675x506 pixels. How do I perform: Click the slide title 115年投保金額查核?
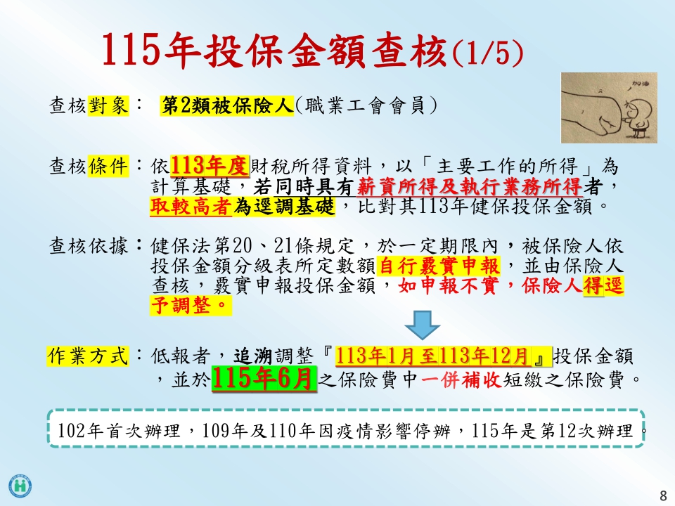click(274, 50)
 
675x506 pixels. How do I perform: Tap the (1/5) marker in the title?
click(488, 53)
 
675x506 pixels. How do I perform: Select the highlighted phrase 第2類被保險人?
click(227, 105)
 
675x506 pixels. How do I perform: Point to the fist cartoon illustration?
click(609, 108)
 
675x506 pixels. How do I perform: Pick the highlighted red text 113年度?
click(210, 166)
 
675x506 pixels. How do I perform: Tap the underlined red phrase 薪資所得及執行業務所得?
click(470, 187)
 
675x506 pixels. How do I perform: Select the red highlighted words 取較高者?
click(191, 207)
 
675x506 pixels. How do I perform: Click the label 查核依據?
click(89, 246)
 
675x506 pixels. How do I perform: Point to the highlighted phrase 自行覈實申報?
click(439, 266)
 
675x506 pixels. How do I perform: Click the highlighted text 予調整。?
click(191, 306)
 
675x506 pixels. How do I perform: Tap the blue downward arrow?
click(423, 325)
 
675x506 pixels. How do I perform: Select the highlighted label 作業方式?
click(88, 356)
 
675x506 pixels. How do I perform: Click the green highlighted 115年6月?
click(264, 379)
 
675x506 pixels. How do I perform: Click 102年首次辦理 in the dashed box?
click(119, 430)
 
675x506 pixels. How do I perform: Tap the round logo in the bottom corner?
click(20, 486)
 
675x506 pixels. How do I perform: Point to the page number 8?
click(663, 495)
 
